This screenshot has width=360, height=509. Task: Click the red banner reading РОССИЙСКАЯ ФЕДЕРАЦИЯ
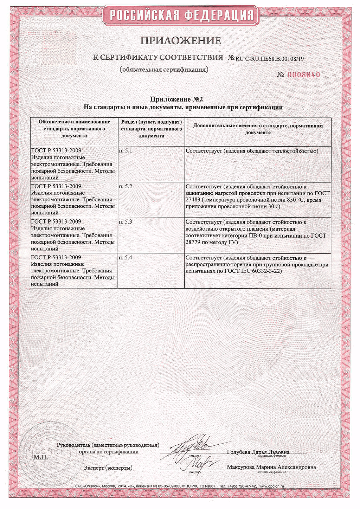pyautogui.click(x=181, y=15)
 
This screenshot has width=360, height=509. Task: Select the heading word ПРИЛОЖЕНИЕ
pyautogui.click(x=181, y=41)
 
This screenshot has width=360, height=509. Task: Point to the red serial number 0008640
pyautogui.click(x=304, y=75)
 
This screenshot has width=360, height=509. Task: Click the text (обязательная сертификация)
pyautogui.click(x=164, y=69)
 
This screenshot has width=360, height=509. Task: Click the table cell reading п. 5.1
pyautogui.click(x=126, y=151)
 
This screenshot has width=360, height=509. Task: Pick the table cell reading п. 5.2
pyautogui.click(x=126, y=186)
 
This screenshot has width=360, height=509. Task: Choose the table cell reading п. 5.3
pyautogui.click(x=126, y=222)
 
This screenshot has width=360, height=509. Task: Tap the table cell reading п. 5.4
pyautogui.click(x=126, y=258)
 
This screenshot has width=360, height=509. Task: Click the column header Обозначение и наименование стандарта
pyautogui.click(x=74, y=129)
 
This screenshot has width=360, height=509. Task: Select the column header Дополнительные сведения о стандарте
pyautogui.click(x=258, y=129)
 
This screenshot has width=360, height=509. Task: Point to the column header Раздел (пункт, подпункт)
pyautogui.click(x=152, y=129)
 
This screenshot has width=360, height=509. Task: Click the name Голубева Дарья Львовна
pyautogui.click(x=258, y=452)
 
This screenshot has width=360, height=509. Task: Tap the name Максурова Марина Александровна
pyautogui.click(x=271, y=467)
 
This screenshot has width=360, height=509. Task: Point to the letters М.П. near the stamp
pyautogui.click(x=40, y=457)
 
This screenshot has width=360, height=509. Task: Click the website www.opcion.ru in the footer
pyautogui.click(x=271, y=486)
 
